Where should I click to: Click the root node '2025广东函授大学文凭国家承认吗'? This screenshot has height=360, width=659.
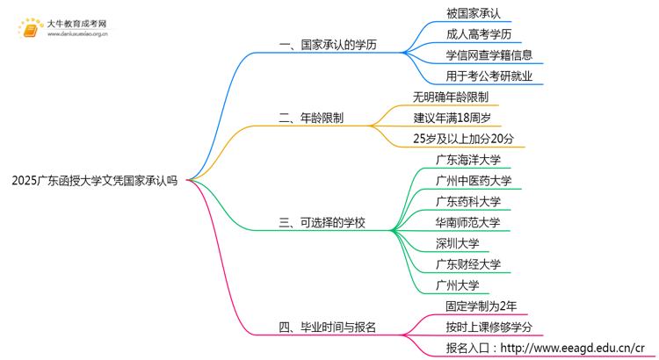pos(94,181)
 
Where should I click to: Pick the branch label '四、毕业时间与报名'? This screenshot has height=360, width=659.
pos(327,328)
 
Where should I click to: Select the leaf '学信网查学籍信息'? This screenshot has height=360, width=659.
pos(489,55)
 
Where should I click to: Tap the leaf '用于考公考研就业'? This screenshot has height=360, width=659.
pos(489,76)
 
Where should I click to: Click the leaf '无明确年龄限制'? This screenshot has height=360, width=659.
pos(450,97)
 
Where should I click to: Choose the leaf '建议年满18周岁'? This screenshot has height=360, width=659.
pos(456,117)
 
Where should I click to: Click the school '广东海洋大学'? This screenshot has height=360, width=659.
pos(467,160)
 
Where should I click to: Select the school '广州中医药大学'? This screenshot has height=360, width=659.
pos(473,181)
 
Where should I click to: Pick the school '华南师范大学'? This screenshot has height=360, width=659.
pos(467,222)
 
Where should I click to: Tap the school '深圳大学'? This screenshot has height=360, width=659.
pos(457,243)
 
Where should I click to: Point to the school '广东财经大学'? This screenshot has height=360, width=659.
pos(467,264)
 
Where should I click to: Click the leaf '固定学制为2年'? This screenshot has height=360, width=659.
pos(481,306)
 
